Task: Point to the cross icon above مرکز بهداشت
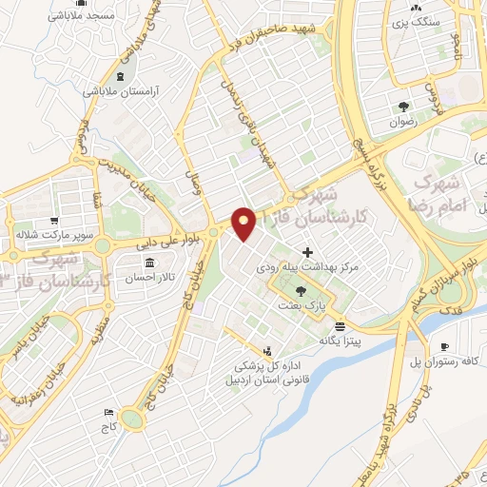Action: pyautogui.click(x=306, y=253)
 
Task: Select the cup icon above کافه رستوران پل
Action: pyautogui.click(x=444, y=346)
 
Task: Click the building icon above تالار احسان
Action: pyautogui.click(x=149, y=262)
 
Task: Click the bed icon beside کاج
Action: pyautogui.click(x=109, y=412)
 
